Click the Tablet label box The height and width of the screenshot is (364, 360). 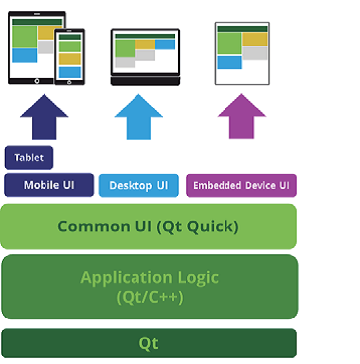pos(30,158)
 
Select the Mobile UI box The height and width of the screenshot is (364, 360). pos(49,185)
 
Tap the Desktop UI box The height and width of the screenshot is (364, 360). pos(138,185)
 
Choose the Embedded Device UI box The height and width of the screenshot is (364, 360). pos(241,185)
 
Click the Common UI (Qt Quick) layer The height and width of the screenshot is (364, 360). pos(148,227)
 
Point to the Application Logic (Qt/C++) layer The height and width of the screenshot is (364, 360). pos(148,286)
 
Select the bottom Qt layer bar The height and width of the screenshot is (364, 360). pos(148,343)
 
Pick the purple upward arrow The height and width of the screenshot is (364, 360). pos(241,118)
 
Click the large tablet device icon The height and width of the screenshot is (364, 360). pos(32,45)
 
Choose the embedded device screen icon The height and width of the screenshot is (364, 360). pos(241,52)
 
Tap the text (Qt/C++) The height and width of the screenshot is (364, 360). pos(148,296)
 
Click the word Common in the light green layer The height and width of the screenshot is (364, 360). pos(93,227)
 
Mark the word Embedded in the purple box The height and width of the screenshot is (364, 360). pos(217,185)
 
